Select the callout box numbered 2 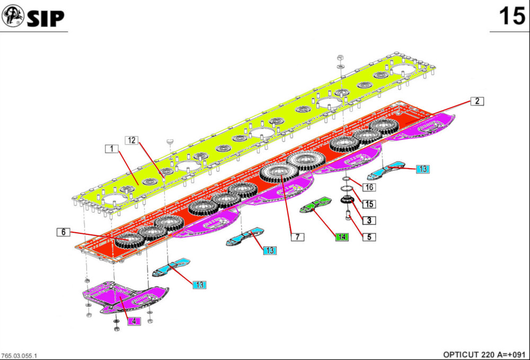[477, 101]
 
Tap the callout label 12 [131, 140]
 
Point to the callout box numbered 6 [63, 232]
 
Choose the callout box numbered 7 [297, 237]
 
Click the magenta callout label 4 [134, 321]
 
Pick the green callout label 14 [342, 237]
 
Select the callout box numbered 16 [369, 187]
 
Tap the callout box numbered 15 [369, 204]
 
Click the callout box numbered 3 [369, 220]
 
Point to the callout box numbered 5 [369, 237]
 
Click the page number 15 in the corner [511, 16]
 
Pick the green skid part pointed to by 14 [317, 205]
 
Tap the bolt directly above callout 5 [348, 215]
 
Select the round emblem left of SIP [12, 17]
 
